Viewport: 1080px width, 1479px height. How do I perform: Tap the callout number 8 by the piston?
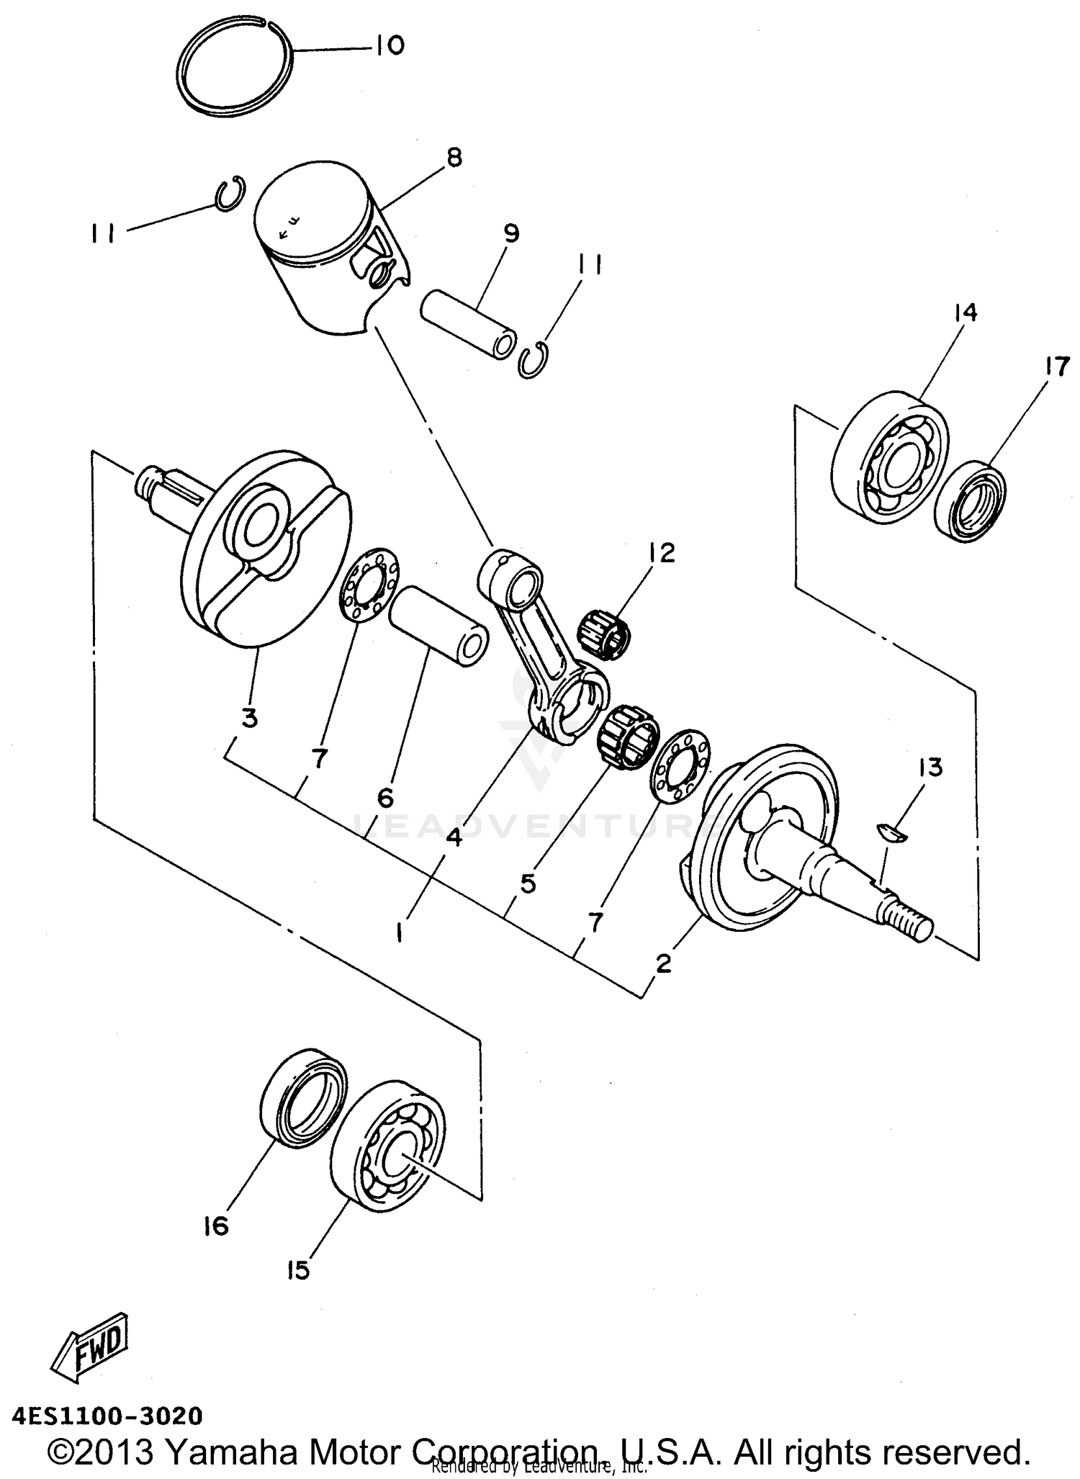coord(454,158)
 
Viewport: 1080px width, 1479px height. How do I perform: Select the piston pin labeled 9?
coord(468,324)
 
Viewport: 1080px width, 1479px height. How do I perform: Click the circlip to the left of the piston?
coord(231,194)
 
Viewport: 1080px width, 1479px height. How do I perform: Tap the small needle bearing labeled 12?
coord(605,622)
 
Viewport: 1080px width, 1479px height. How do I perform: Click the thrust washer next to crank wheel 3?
coord(369,583)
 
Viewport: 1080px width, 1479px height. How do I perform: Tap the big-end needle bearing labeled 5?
coord(628,736)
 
